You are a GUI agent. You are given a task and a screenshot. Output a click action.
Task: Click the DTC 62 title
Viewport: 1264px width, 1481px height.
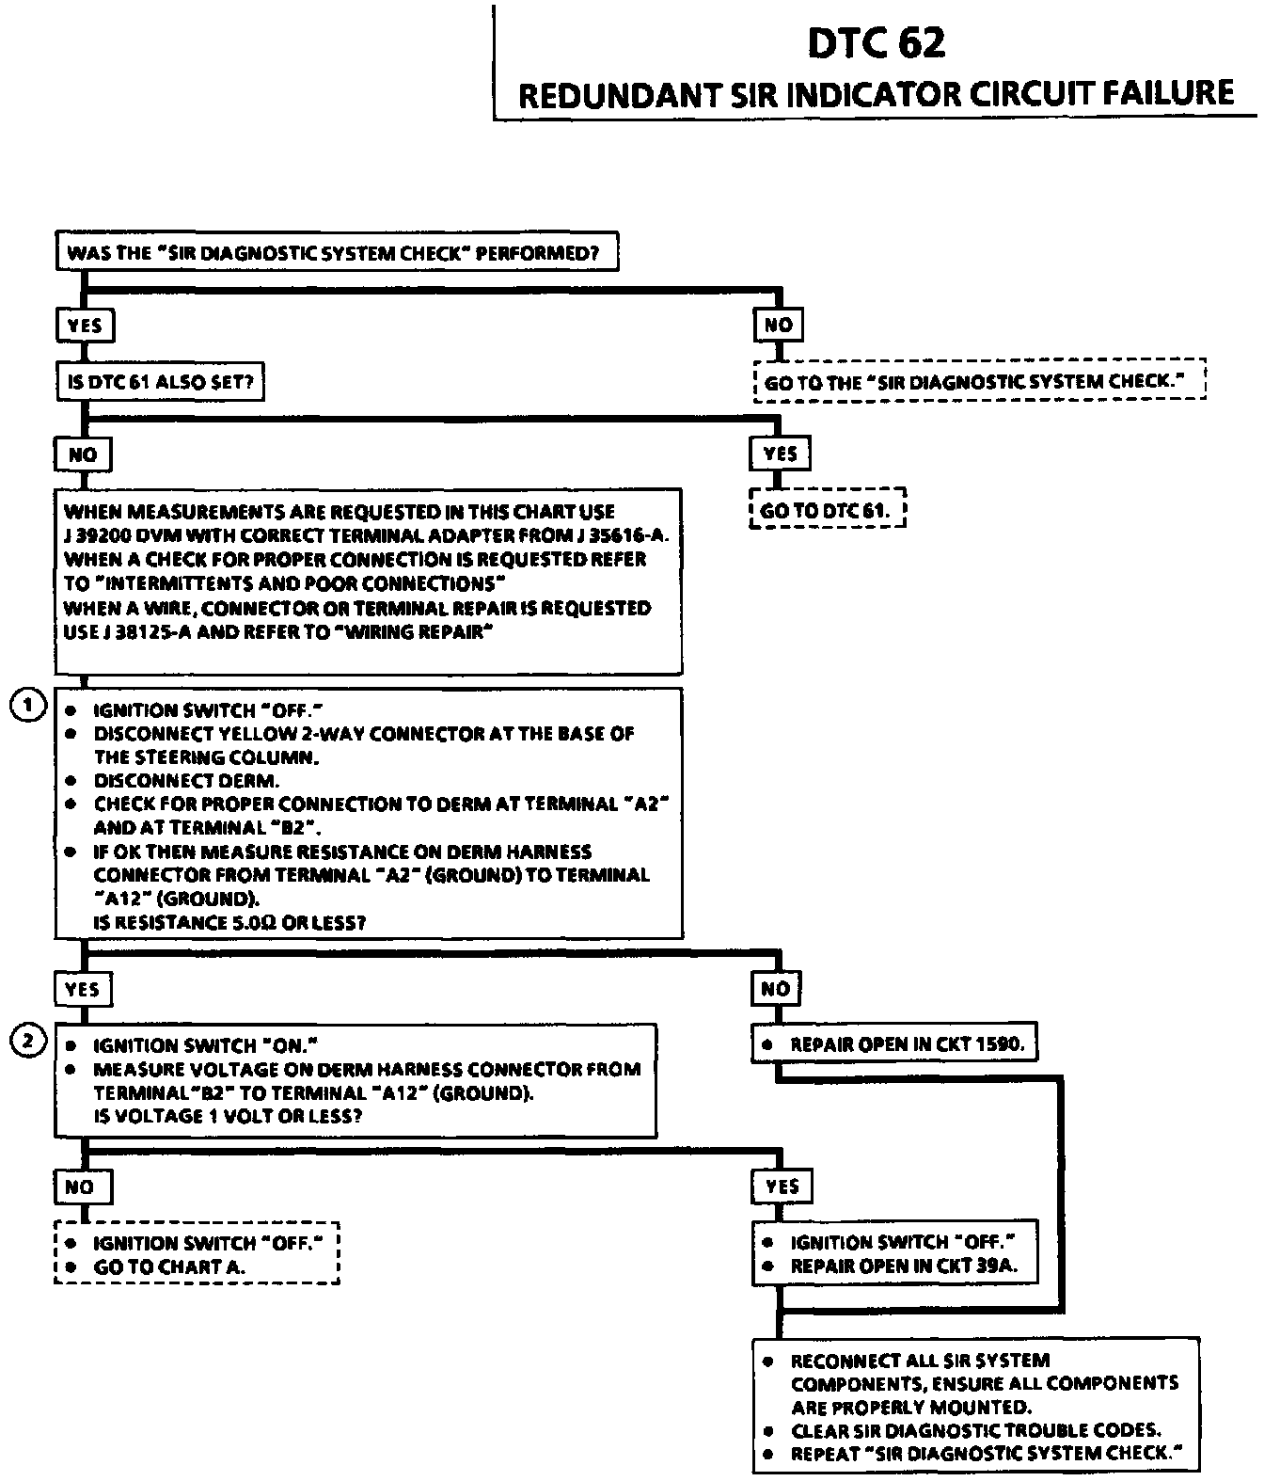coord(876,43)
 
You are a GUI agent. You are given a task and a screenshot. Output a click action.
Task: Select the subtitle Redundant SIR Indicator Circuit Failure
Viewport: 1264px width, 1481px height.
coord(876,94)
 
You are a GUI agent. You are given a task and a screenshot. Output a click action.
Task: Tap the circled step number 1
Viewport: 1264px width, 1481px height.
coord(28,705)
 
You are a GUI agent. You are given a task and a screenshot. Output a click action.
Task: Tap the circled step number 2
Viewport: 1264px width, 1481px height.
coord(28,1041)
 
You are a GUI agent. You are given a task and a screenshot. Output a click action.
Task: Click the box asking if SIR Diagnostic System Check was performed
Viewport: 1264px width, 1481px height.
coord(337,252)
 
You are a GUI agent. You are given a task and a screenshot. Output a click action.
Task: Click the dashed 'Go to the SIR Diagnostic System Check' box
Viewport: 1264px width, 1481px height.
coord(979,382)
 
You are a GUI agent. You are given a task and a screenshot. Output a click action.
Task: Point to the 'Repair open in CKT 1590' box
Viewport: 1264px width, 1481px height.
coord(894,1043)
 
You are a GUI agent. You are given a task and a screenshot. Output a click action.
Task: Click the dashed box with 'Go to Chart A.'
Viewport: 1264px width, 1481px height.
coord(197,1254)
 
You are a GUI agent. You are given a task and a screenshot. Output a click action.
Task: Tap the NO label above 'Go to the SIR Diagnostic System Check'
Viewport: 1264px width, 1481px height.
coord(779,325)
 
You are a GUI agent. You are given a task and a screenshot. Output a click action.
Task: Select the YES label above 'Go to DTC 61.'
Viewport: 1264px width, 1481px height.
coord(780,454)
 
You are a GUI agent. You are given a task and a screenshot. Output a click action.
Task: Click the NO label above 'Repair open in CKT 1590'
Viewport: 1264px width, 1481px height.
coord(776,988)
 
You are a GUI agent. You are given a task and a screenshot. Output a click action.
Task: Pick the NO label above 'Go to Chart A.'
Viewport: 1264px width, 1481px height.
coord(80,1186)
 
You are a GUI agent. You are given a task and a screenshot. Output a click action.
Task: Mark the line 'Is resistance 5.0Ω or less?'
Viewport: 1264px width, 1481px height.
coord(229,922)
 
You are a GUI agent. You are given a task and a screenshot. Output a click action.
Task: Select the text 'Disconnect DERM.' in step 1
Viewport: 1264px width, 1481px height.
coord(186,780)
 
